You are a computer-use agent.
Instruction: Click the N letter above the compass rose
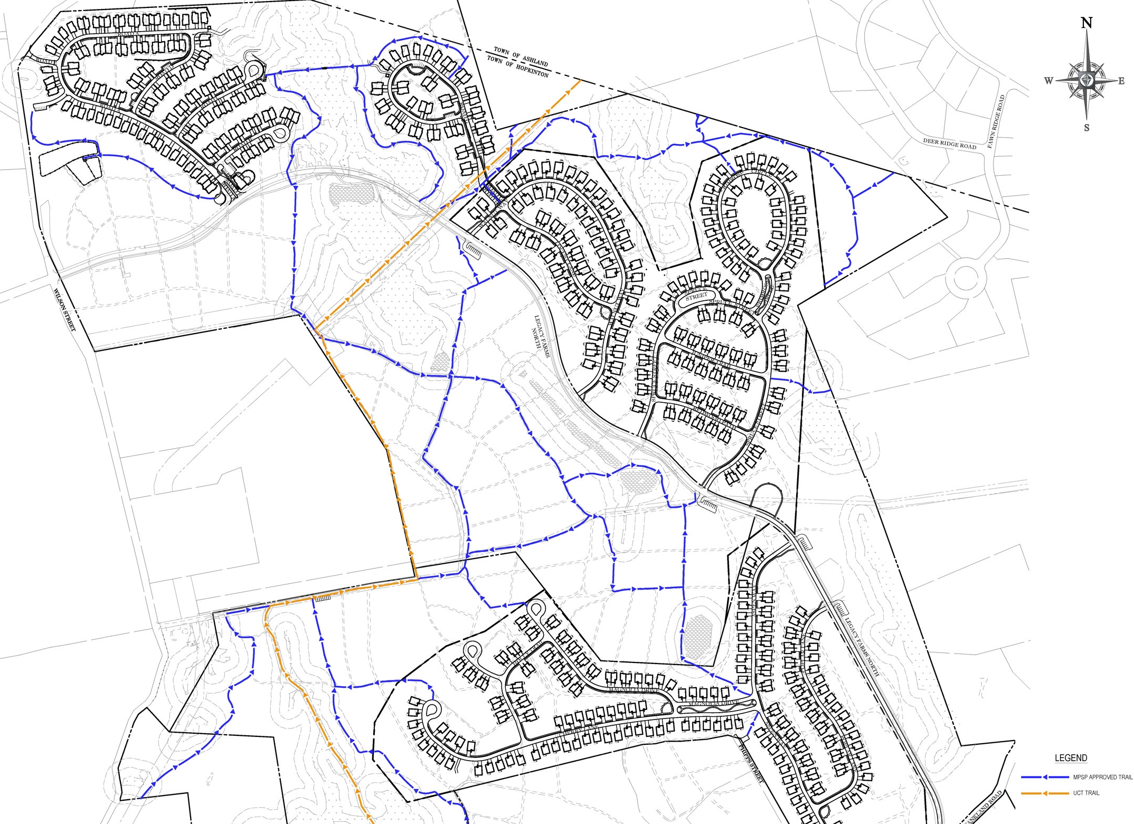[x=1086, y=23]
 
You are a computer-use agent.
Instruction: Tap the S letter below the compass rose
[x=1086, y=128]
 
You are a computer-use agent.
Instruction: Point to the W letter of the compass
[x=1048, y=81]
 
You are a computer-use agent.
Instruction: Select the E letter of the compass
[x=1121, y=81]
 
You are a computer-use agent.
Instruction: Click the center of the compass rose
[x=1086, y=80]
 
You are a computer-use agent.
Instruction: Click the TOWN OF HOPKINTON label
[x=517, y=67]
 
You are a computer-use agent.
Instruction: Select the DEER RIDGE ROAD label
[x=949, y=144]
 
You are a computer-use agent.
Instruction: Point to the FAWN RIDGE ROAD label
[x=996, y=121]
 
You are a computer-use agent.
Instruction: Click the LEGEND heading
[x=1071, y=758]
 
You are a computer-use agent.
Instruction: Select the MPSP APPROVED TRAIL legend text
[x=1102, y=777]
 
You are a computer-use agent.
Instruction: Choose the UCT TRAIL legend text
[x=1086, y=793]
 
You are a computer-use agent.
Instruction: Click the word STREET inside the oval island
[x=696, y=297]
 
